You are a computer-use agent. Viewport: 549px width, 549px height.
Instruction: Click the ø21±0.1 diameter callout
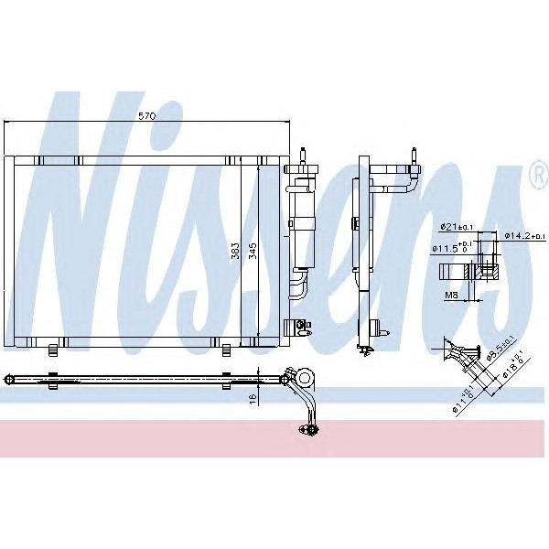click(455, 226)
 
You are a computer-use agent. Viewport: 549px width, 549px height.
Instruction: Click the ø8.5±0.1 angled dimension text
click(501, 352)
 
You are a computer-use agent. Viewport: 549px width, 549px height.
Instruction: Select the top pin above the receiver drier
click(303, 152)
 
